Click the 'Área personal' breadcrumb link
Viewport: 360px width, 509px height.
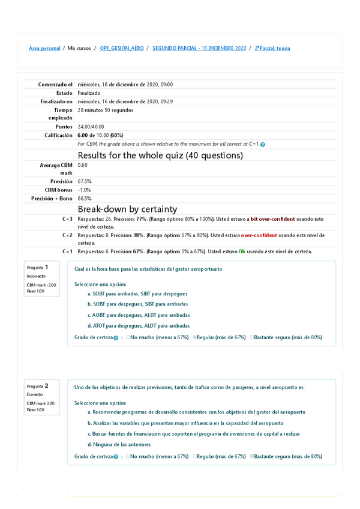[44, 48]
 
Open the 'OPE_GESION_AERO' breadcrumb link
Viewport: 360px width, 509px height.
[122, 48]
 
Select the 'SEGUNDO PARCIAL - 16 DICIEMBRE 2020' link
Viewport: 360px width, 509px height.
[199, 48]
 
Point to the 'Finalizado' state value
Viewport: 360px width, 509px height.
[89, 93]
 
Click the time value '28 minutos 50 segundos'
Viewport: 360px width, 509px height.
[106, 110]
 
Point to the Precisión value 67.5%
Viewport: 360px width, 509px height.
[85, 181]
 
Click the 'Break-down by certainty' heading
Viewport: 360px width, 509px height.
[127, 209]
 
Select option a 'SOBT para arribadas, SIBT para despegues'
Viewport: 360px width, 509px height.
[137, 294]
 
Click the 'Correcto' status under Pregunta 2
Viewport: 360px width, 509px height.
[34, 395]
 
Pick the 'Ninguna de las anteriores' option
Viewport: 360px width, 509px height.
[119, 444]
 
